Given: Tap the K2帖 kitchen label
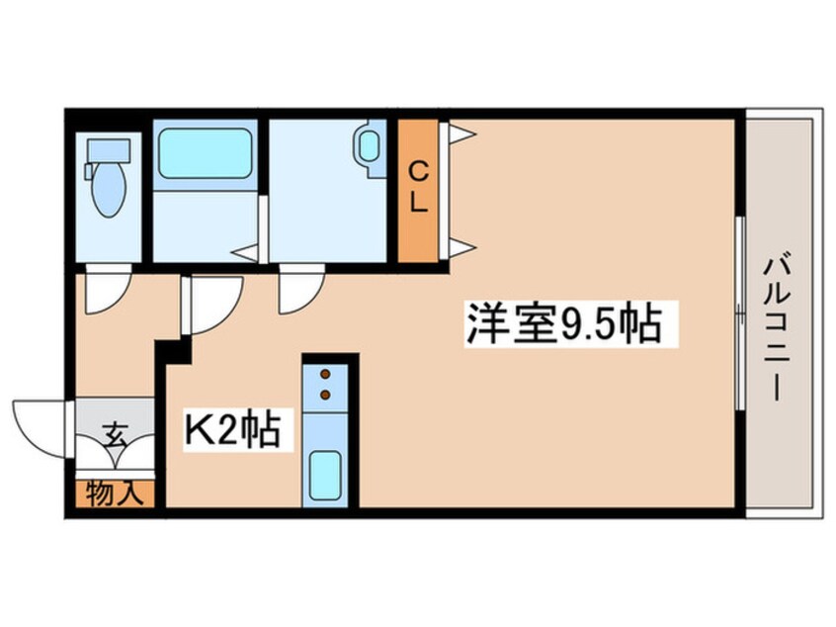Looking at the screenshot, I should (x=233, y=430).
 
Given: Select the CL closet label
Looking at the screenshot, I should (x=419, y=188).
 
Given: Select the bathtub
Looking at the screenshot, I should (x=204, y=153).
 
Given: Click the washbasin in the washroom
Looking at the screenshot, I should (x=370, y=149).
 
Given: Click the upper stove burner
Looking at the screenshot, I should (x=323, y=375).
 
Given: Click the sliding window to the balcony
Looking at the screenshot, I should (x=739, y=311).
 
